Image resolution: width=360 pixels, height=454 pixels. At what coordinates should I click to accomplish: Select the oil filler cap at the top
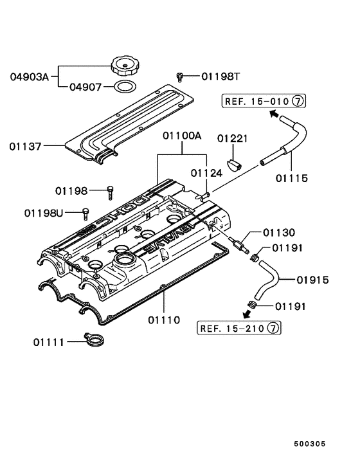click(123, 66)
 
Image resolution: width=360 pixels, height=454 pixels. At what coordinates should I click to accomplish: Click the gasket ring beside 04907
click(124, 86)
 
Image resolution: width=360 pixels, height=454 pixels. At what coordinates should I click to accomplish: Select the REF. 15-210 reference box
click(239, 329)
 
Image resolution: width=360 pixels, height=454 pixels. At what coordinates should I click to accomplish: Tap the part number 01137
click(25, 146)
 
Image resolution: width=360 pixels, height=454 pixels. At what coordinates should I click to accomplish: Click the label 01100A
click(182, 136)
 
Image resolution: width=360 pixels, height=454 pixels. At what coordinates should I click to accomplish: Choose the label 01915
click(313, 280)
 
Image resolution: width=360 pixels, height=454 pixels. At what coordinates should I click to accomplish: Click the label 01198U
click(44, 212)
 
